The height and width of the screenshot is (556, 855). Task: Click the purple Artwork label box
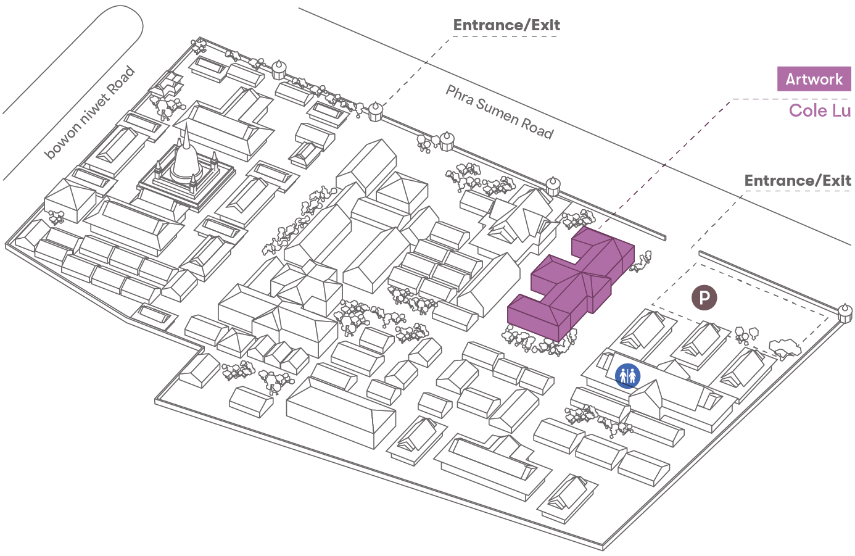pyautogui.click(x=814, y=79)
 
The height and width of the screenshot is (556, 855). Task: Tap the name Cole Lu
pyautogui.click(x=819, y=110)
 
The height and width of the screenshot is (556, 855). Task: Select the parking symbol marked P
pyautogui.click(x=704, y=297)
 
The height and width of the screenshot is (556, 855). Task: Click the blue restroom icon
pyautogui.click(x=627, y=375)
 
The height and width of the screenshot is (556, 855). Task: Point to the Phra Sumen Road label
pyautogui.click(x=500, y=112)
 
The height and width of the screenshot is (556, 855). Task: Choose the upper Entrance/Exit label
pyautogui.click(x=506, y=25)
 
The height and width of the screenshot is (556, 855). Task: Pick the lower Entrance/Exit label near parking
pyautogui.click(x=798, y=181)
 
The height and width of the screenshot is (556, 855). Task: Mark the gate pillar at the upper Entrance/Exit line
pyautogui.click(x=375, y=112)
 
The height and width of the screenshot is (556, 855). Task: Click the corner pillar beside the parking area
pyautogui.click(x=845, y=312)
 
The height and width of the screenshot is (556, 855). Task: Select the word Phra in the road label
pyautogui.click(x=460, y=96)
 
